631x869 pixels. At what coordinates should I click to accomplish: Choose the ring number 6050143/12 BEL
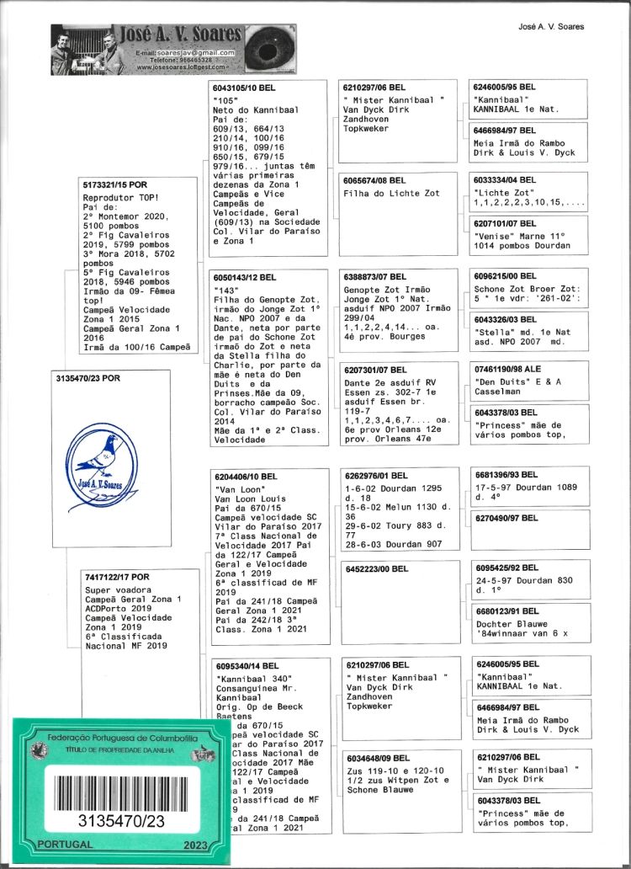pos(245,277)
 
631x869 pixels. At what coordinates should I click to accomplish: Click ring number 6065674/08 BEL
pos(376,180)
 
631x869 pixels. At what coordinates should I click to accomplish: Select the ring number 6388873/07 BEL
pos(376,277)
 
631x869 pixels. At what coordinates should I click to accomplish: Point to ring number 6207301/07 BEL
pos(376,370)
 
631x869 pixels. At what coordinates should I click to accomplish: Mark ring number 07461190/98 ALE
pos(507,370)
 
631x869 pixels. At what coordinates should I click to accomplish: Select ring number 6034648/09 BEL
pos(376,758)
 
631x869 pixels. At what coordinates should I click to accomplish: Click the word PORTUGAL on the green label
pos(60,844)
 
